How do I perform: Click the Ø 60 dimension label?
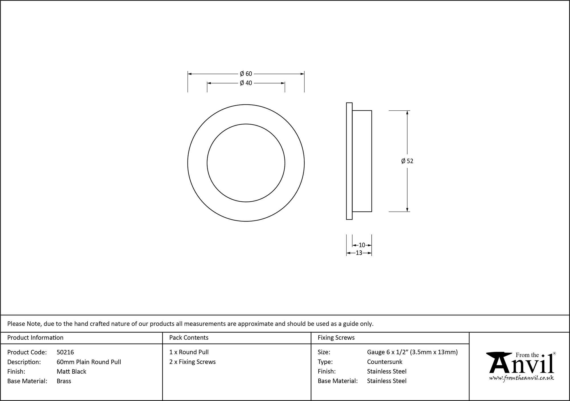point(246,74)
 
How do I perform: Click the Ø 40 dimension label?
point(246,83)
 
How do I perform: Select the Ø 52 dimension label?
point(407,161)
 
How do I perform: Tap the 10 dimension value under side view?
point(362,245)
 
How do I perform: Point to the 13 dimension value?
point(359,253)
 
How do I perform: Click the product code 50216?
point(65,352)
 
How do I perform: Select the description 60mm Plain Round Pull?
point(89,362)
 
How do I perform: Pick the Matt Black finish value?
point(71,371)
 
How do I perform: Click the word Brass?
point(64,381)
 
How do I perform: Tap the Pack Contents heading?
point(189,338)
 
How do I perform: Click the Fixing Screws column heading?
point(336,338)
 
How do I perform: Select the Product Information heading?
point(35,338)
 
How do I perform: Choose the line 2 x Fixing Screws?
point(192,362)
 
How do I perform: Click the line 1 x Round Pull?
point(189,352)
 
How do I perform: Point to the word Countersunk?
point(384,362)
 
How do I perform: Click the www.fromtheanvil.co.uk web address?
point(522,378)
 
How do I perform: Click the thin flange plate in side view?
point(349,161)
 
